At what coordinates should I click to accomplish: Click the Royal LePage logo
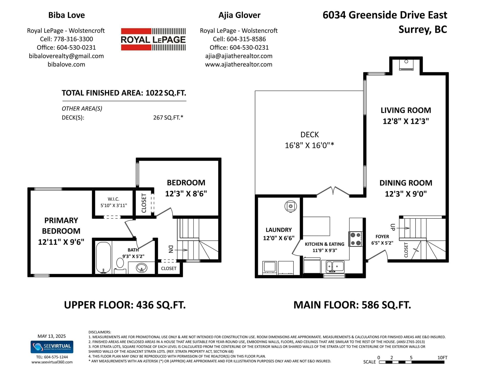click(153, 39)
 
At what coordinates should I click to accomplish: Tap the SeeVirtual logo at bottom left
click(52, 347)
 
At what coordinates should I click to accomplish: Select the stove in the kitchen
click(356, 239)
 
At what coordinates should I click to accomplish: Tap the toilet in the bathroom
click(120, 265)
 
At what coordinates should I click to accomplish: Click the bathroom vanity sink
click(142, 268)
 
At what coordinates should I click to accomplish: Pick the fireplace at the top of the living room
click(406, 65)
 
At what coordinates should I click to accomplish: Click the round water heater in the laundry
click(290, 206)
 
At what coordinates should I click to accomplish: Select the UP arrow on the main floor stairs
click(403, 228)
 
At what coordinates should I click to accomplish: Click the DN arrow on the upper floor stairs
click(181, 250)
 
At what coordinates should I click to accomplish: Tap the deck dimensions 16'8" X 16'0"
click(309, 145)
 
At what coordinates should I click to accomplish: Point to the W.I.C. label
click(114, 199)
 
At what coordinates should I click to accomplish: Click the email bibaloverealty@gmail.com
click(66, 56)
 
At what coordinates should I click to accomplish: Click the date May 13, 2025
click(52, 336)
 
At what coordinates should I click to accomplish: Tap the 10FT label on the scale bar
click(442, 358)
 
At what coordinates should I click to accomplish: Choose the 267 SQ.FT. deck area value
click(168, 118)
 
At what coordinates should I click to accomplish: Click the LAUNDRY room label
click(279, 230)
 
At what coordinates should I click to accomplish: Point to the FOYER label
click(382, 237)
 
